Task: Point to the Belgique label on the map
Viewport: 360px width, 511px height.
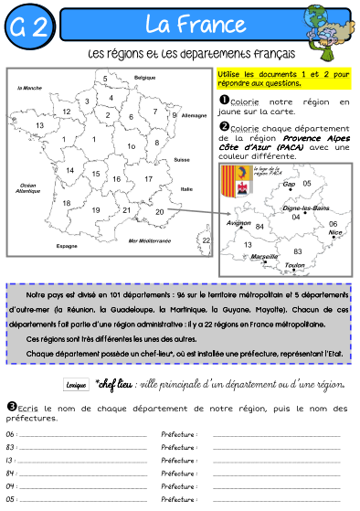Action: click(145, 79)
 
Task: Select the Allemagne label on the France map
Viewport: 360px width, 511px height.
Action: click(195, 117)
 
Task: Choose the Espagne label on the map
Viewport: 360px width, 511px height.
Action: click(67, 246)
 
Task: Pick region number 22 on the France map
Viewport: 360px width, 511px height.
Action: click(206, 240)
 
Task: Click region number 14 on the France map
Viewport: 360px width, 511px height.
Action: click(69, 170)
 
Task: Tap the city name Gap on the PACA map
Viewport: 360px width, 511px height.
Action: click(289, 184)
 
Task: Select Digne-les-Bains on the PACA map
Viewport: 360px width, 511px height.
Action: click(307, 208)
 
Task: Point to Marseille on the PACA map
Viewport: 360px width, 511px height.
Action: click(264, 257)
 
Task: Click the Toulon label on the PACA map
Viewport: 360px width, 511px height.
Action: click(294, 265)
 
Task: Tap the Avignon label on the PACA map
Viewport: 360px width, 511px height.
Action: click(238, 222)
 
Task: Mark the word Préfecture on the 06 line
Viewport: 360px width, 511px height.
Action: click(177, 435)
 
